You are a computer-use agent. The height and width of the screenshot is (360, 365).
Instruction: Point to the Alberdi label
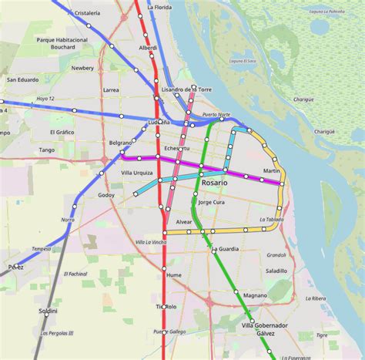tap(148, 48)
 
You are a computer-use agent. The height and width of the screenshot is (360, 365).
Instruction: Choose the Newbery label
tap(82, 68)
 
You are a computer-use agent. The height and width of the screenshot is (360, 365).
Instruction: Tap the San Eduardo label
tap(22, 79)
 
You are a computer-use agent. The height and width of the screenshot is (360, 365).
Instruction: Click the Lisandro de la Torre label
tap(187, 90)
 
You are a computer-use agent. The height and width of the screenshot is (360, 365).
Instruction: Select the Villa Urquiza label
tap(137, 173)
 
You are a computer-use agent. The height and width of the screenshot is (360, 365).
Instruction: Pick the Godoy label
tap(106, 195)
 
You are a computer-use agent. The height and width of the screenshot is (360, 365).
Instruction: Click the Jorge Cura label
tap(211, 202)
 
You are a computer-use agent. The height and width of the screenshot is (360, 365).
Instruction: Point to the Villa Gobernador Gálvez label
tap(265, 329)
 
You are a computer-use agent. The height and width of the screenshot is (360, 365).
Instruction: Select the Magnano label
tap(255, 295)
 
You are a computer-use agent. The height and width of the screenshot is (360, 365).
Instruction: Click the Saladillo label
tap(276, 271)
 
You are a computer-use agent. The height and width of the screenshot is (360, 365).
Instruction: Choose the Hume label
tap(174, 274)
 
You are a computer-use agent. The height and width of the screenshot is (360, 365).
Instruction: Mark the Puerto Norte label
tap(216, 115)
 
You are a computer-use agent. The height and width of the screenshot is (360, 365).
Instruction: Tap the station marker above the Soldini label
tap(46, 315)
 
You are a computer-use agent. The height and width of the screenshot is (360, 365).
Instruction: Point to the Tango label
tap(47, 150)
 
